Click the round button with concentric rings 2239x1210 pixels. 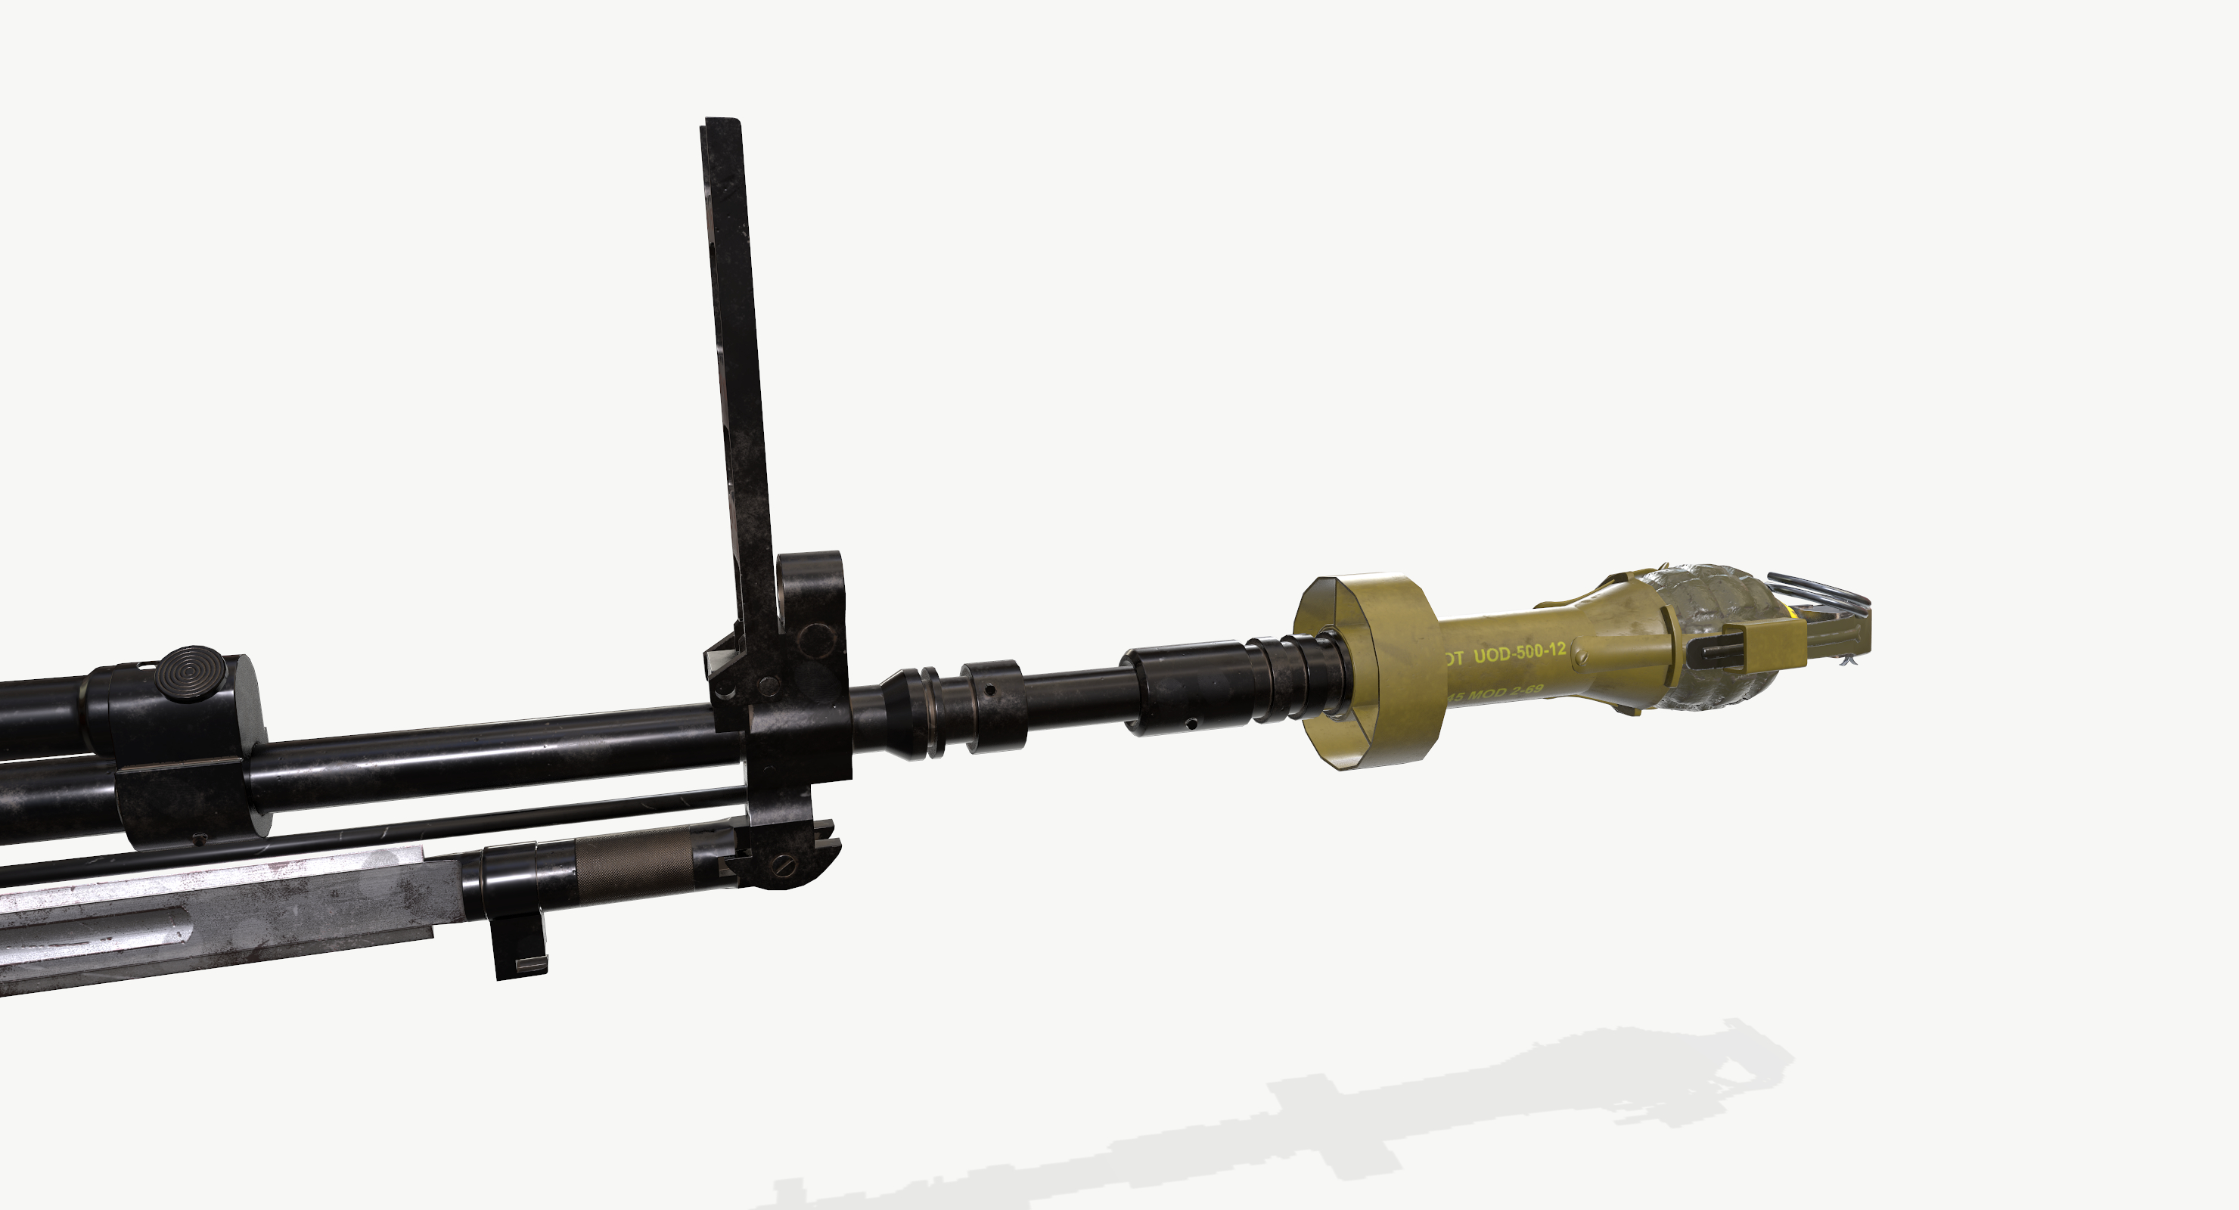click(x=191, y=673)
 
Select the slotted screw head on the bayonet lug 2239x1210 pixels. click(x=785, y=865)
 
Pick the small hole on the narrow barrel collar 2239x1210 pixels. click(x=990, y=691)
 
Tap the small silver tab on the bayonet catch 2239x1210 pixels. click(x=530, y=964)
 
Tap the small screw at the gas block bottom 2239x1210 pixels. click(x=199, y=839)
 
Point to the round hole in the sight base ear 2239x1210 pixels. click(x=816, y=640)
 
